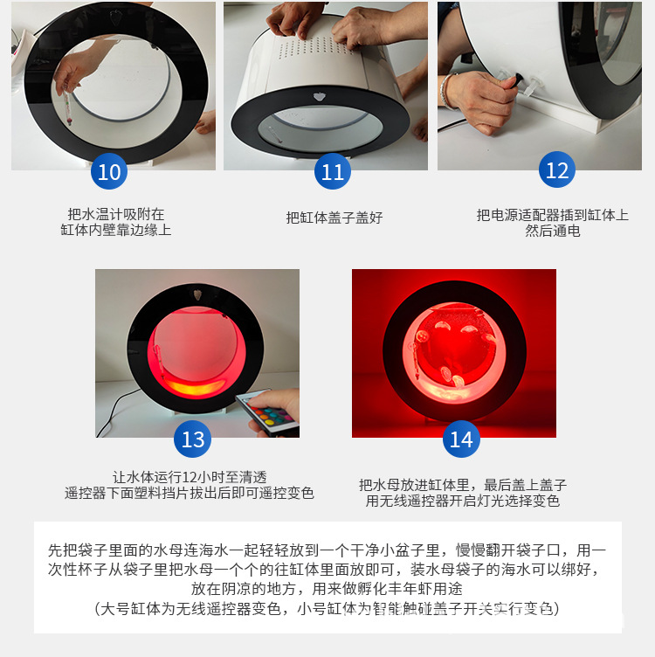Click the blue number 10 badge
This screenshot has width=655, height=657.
point(109,172)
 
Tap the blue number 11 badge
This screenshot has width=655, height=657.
point(333,172)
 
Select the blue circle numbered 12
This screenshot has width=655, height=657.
point(556,170)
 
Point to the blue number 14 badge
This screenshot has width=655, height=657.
point(460,439)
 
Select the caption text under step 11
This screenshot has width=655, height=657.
point(334,218)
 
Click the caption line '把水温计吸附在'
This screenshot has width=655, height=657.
point(115,214)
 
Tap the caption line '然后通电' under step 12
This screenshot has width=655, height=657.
point(552,231)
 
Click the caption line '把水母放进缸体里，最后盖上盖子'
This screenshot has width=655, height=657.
point(462,484)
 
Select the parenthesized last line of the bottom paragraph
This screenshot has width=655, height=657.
point(327,608)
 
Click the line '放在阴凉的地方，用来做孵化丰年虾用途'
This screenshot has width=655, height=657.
point(327,589)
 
